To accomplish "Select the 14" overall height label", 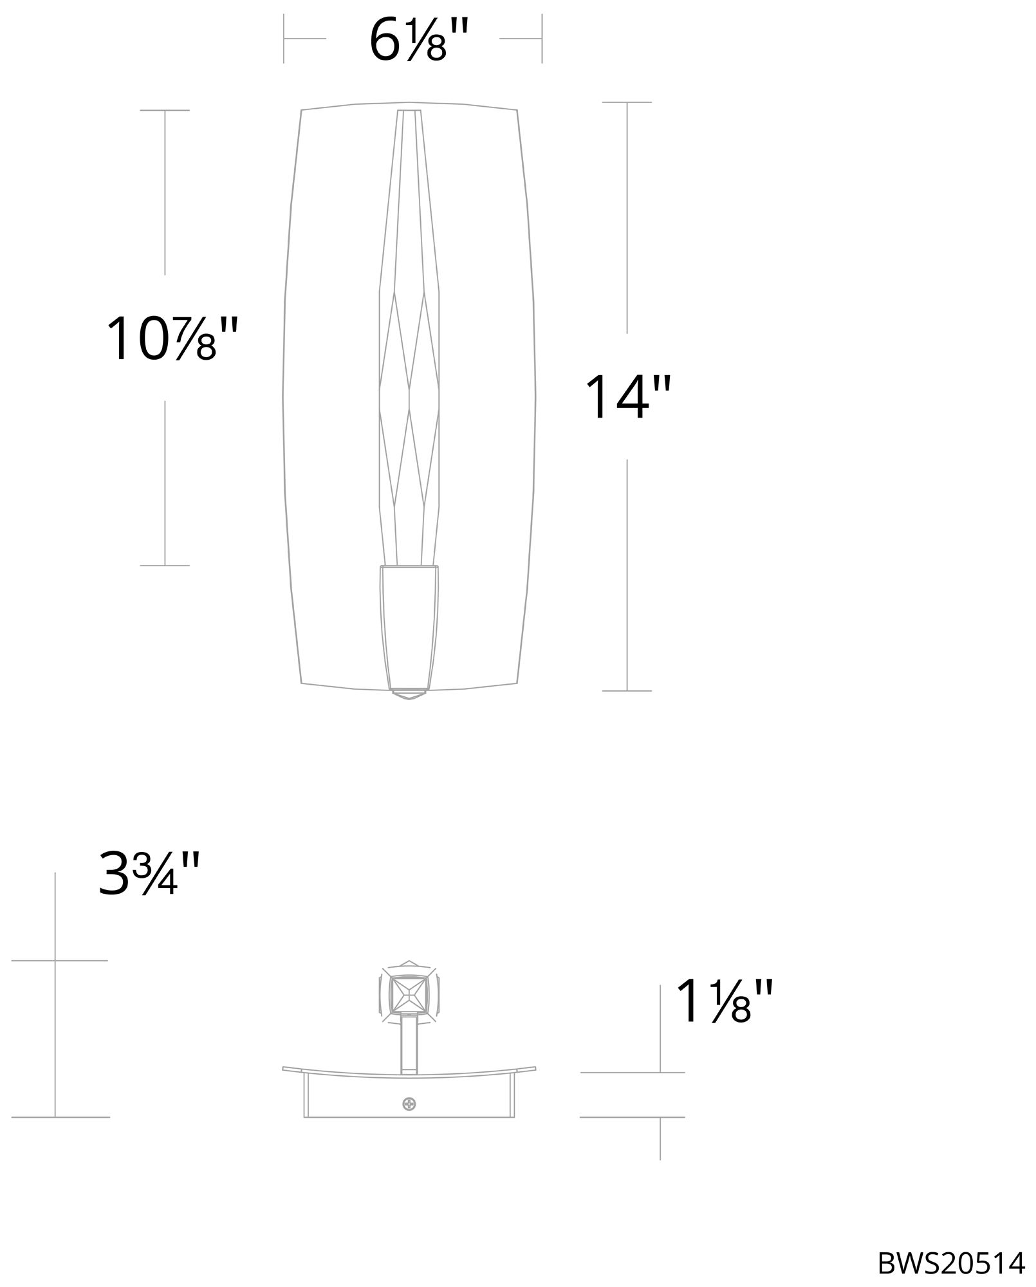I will (x=627, y=397).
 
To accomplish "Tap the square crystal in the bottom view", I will (x=409, y=997).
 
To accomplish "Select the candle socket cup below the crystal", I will (x=409, y=624).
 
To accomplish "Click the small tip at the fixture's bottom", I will (x=409, y=695).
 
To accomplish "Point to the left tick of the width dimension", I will (x=284, y=39).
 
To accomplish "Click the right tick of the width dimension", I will (x=542, y=39).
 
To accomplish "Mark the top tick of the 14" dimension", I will (x=627, y=102).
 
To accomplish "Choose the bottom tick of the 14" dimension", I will (x=627, y=690).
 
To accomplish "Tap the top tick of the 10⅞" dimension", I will (x=165, y=110).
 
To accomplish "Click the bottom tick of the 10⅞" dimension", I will (x=165, y=566).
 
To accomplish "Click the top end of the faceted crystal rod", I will (x=409, y=113).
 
